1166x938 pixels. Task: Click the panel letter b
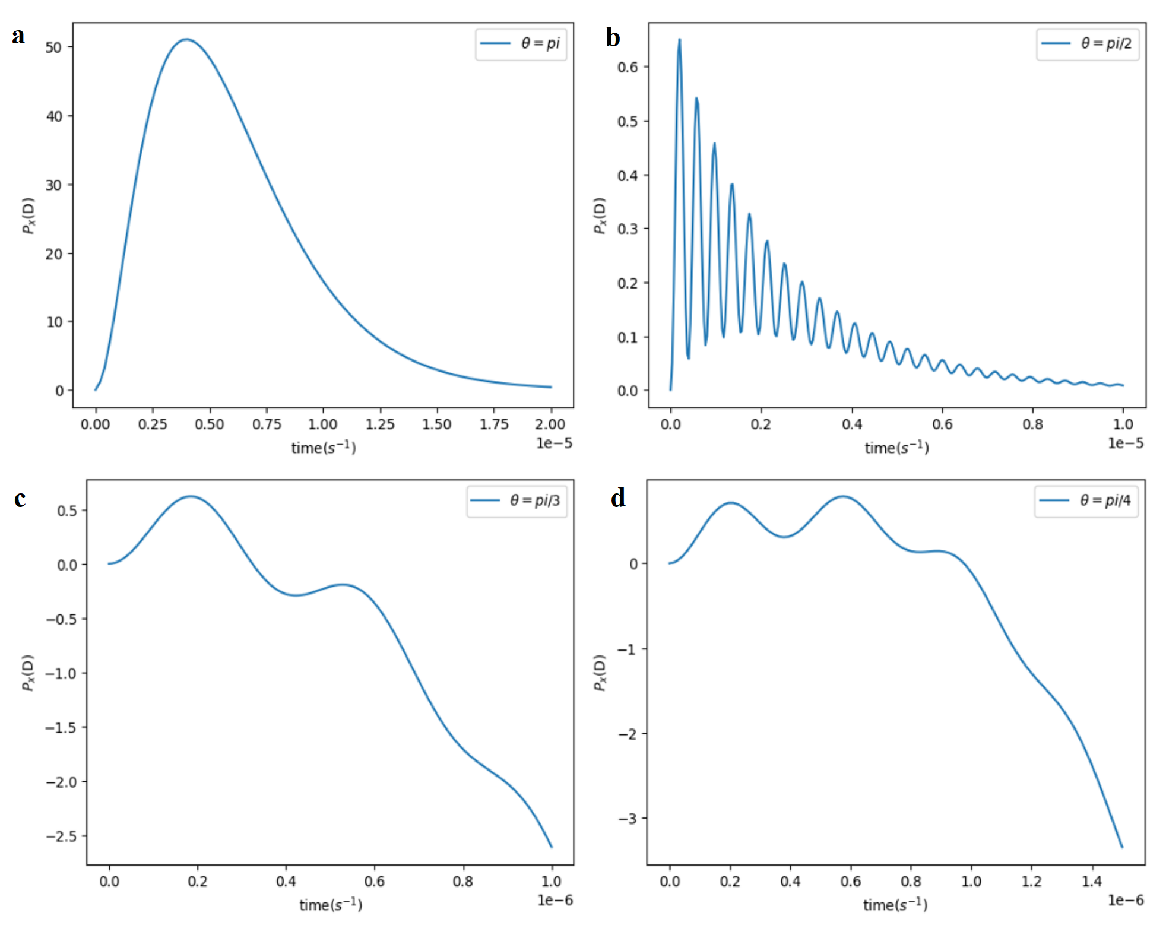tap(613, 37)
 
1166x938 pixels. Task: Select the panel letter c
tap(20, 499)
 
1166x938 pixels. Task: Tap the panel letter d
tap(618, 498)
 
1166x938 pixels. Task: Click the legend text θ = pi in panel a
tap(540, 43)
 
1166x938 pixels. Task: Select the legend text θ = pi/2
tap(1106, 43)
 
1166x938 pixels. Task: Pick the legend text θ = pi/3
tap(535, 500)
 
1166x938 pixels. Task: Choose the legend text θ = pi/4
tap(1105, 500)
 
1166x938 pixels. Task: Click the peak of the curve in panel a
tap(186, 39)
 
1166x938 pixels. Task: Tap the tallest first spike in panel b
tap(679, 40)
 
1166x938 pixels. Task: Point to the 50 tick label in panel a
tap(53, 47)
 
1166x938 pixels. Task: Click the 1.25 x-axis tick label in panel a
tap(380, 424)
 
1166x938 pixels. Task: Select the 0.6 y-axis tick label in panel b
tap(628, 67)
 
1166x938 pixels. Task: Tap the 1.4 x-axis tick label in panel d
tap(1092, 881)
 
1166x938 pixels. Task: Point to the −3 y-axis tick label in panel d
tap(627, 819)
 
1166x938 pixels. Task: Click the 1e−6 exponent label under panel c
tap(555, 900)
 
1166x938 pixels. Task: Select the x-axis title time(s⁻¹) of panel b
tap(896, 448)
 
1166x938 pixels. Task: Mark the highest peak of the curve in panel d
tap(843, 496)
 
